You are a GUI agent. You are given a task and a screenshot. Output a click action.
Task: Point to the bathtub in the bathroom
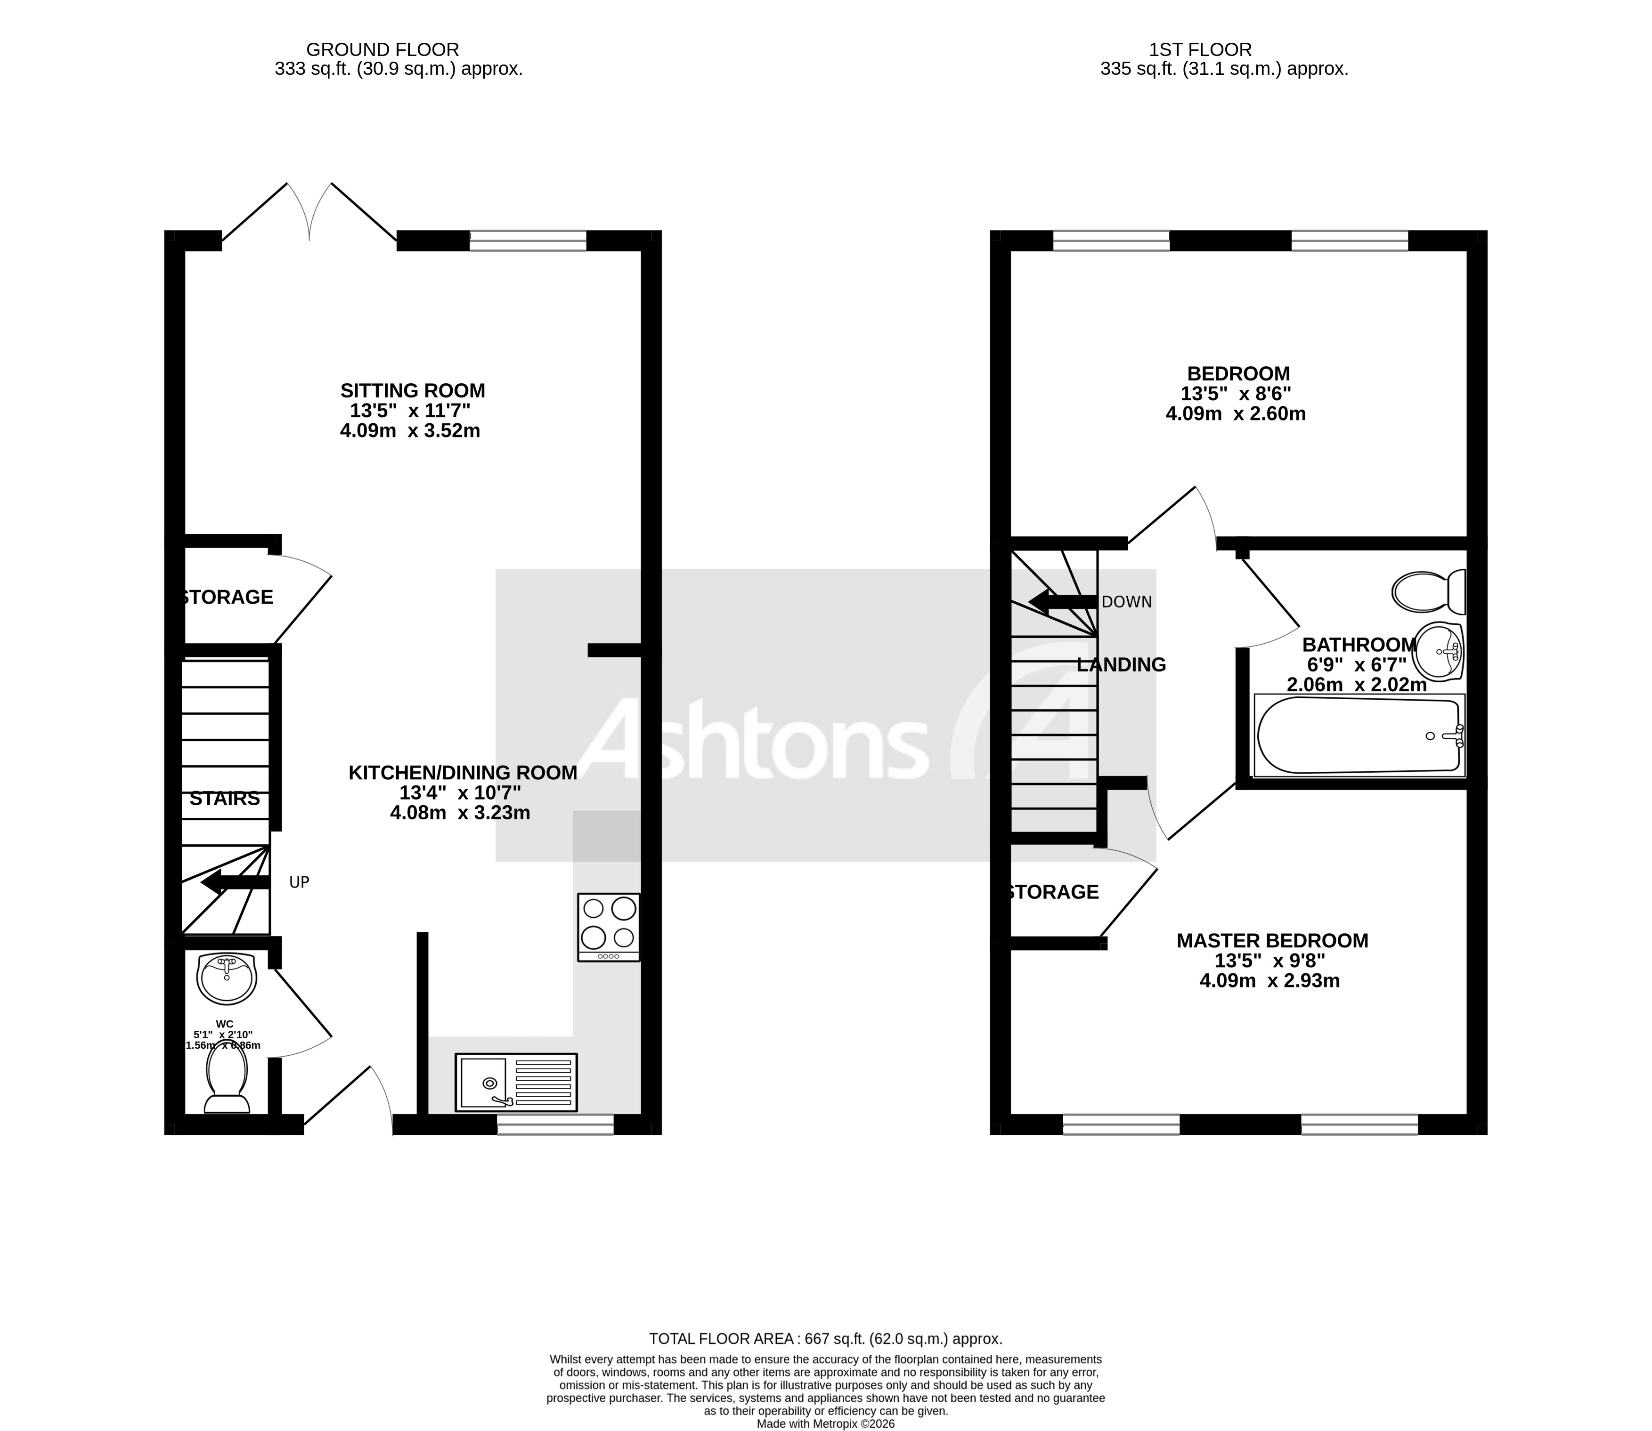pyautogui.click(x=1359, y=736)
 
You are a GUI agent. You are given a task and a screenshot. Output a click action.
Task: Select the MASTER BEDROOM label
pyautogui.click(x=1272, y=941)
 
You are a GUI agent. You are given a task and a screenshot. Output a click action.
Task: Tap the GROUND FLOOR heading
pyautogui.click(x=382, y=49)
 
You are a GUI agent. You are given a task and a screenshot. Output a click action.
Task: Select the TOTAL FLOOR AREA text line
pyautogui.click(x=825, y=1339)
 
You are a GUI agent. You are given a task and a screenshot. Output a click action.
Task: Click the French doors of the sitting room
pyautogui.click(x=309, y=211)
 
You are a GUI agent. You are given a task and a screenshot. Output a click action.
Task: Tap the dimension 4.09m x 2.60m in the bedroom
pyautogui.click(x=1235, y=413)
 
